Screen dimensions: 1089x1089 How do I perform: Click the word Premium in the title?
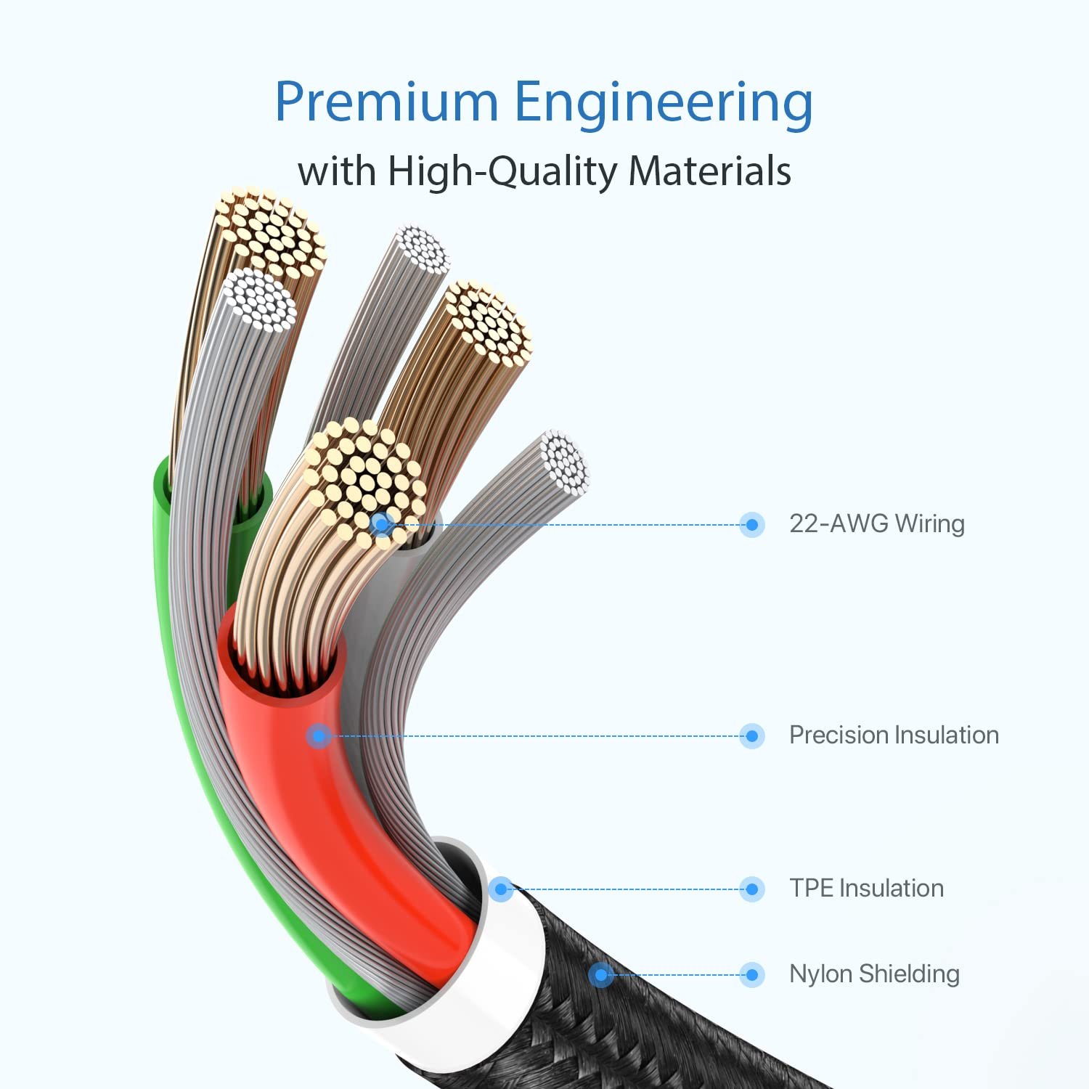click(x=386, y=102)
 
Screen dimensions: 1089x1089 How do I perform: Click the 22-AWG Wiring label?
click(x=877, y=523)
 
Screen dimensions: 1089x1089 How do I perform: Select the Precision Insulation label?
click(x=894, y=735)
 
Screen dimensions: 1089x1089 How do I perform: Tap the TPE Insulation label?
click(x=866, y=888)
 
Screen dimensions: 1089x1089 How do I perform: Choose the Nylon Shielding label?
click(x=874, y=974)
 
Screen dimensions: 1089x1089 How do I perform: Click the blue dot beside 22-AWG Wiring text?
click(x=752, y=524)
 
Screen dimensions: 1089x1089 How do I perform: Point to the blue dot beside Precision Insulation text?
click(x=752, y=736)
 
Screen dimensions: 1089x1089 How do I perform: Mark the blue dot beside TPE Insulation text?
click(x=752, y=889)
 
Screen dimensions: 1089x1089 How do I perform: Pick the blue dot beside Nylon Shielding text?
click(x=752, y=974)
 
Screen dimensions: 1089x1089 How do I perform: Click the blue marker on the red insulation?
click(x=319, y=736)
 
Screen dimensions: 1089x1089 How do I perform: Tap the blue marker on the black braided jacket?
click(x=600, y=974)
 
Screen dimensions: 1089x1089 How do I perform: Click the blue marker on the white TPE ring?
click(x=500, y=889)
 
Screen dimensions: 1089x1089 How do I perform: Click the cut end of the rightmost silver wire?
click(x=563, y=462)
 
